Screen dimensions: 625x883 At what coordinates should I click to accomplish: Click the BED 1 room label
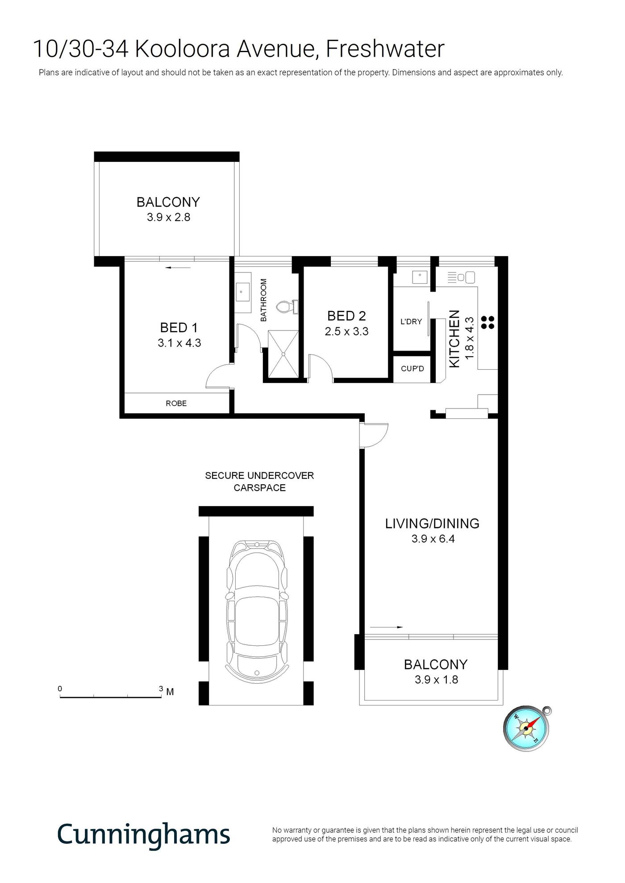coord(179,328)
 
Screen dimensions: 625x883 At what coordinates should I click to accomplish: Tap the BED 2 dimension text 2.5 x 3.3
coord(347,331)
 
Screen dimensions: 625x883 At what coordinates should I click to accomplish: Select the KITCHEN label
coord(454,339)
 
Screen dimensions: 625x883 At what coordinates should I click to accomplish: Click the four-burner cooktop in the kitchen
coord(487,322)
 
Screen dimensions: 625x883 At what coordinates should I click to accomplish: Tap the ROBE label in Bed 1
coord(176,403)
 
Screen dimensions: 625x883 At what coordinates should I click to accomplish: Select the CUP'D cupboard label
coord(412,369)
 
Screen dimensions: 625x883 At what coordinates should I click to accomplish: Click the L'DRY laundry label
coord(411,322)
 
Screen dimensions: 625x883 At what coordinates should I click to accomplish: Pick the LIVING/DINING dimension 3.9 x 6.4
coord(433,539)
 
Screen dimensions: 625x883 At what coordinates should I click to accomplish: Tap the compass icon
coord(527,728)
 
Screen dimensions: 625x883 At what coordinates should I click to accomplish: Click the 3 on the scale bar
coord(161,689)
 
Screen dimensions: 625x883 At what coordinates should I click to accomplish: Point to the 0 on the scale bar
coord(60,689)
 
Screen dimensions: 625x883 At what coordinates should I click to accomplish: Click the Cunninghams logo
coord(144,834)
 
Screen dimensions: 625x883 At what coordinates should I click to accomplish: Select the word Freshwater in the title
coord(385,49)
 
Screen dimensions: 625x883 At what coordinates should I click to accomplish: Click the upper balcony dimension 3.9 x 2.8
coord(169,217)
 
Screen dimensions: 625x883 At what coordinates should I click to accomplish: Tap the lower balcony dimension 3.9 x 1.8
coord(437,680)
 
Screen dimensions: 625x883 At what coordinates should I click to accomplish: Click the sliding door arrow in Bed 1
coord(178,268)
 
